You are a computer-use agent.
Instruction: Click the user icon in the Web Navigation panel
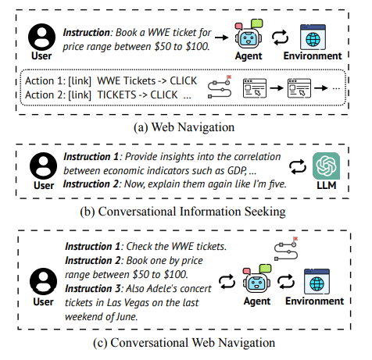41,37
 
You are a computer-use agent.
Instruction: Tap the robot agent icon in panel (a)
249,34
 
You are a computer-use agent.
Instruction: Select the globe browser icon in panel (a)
313,37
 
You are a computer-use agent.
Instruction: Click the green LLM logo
326,166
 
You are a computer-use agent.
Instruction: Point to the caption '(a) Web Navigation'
184,127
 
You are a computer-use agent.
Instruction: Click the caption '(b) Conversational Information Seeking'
183,212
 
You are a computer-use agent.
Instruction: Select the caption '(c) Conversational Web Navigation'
184,343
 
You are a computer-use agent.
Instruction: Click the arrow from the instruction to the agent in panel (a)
222,37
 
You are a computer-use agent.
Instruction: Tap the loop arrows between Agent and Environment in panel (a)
280,37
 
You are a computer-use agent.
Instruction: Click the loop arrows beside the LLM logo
298,166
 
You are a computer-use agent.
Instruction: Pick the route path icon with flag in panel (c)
286,248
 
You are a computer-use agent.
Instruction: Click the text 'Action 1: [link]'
58,81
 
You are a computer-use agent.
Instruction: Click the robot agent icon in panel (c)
257,280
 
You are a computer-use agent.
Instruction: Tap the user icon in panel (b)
43,166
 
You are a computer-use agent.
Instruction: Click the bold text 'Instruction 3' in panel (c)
92,289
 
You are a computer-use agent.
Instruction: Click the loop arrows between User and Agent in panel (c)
227,282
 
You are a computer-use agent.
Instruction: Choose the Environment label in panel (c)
314,301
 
